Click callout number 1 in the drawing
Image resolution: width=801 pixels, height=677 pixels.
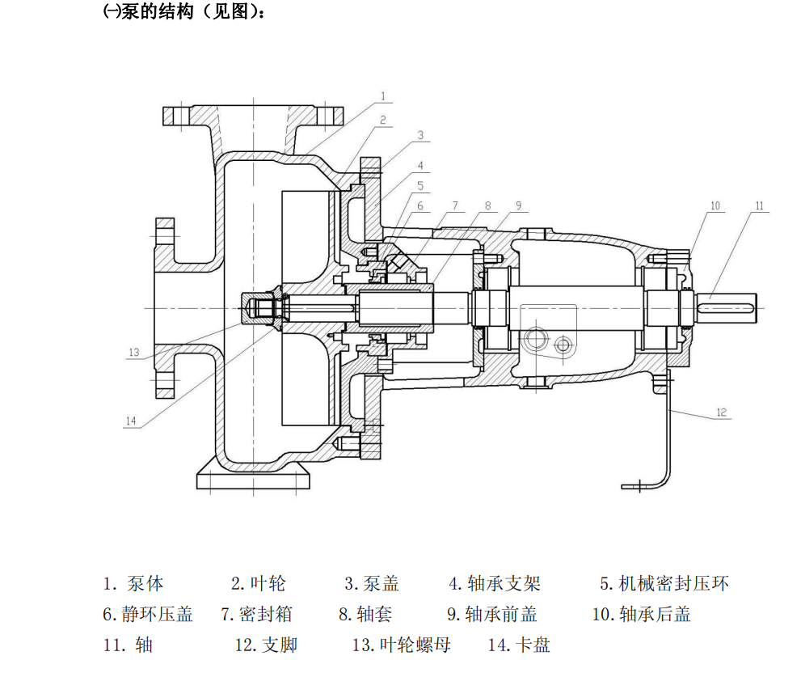coord(383,96)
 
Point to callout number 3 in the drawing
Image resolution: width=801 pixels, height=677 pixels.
coord(420,135)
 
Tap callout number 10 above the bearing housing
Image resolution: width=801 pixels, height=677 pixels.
coord(715,206)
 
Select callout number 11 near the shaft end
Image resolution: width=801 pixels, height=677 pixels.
coord(758,206)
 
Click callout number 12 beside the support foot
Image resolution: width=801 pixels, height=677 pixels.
coord(721,413)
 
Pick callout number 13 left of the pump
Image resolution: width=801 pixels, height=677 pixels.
coord(134,352)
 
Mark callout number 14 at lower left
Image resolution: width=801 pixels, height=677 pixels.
coord(132,420)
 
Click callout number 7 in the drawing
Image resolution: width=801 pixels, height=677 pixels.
coord(455,205)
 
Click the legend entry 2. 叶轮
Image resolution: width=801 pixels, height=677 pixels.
coord(258,583)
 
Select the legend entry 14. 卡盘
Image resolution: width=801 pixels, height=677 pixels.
coord(519,645)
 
